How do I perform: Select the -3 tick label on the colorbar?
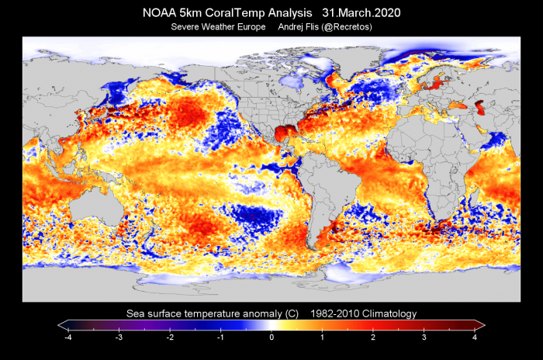(119, 338)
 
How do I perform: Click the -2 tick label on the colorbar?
(169, 338)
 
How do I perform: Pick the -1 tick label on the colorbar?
(220, 338)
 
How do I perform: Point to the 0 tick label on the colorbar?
(271, 338)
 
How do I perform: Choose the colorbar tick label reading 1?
(322, 338)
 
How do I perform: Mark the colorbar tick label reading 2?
(373, 338)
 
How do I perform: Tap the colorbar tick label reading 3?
(424, 338)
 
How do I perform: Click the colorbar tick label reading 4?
(474, 338)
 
